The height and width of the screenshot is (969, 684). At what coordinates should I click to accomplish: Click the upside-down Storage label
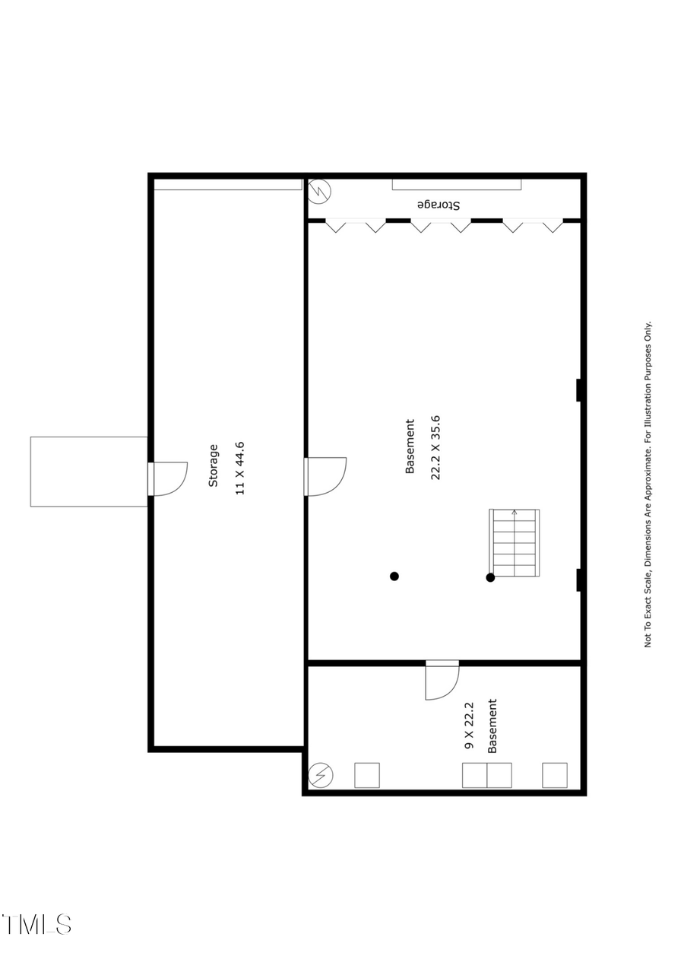point(439,205)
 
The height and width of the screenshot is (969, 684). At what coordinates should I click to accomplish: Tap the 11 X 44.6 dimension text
point(240,468)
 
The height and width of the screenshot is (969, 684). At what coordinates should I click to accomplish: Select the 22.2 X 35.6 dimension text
point(435,447)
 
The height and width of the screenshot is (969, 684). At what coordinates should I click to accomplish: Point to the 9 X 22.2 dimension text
point(470,726)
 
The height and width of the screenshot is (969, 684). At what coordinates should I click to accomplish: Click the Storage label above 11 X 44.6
point(214,465)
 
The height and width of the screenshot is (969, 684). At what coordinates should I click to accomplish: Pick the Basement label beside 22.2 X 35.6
point(410,447)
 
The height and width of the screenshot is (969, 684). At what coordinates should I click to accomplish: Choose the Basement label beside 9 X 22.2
point(492,726)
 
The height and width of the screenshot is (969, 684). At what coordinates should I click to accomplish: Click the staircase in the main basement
point(515,542)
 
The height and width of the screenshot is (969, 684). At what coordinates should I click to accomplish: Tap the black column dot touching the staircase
point(490,577)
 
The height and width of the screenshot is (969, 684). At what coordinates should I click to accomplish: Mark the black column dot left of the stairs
point(394,576)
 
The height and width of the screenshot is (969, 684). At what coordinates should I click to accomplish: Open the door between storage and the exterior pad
point(169,478)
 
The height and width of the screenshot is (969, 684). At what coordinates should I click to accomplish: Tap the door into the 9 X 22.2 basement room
point(442,681)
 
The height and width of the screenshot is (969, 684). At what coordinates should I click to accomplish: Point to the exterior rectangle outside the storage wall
point(88,472)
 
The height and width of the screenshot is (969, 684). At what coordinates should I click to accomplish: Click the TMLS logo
point(37,924)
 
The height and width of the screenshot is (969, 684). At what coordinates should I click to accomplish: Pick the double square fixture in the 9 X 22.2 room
point(487,775)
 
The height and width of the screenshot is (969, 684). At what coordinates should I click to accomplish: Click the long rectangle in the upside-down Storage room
point(457,184)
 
